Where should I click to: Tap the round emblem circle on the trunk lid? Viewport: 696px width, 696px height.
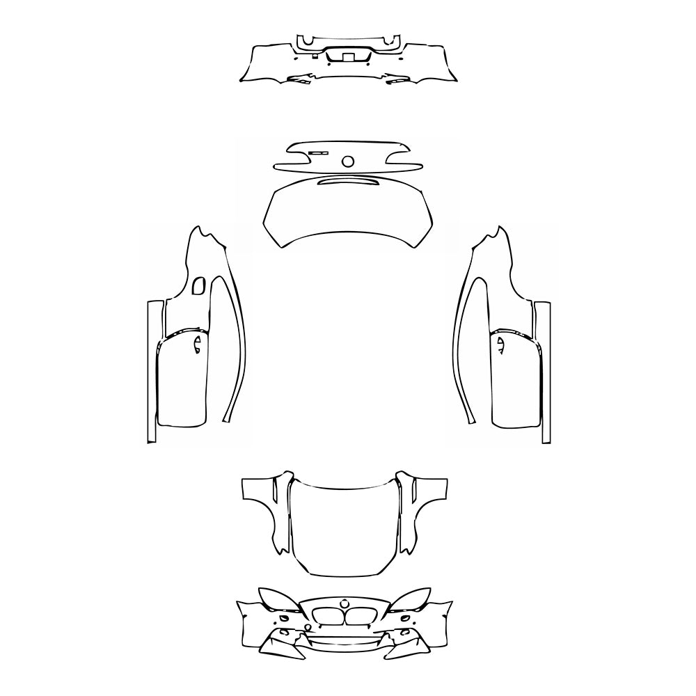click(x=348, y=161)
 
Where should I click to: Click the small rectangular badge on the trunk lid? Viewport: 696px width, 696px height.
click(x=319, y=152)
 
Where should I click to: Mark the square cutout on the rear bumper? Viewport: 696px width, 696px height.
click(x=347, y=57)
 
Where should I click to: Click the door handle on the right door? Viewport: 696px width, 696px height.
click(x=500, y=344)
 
